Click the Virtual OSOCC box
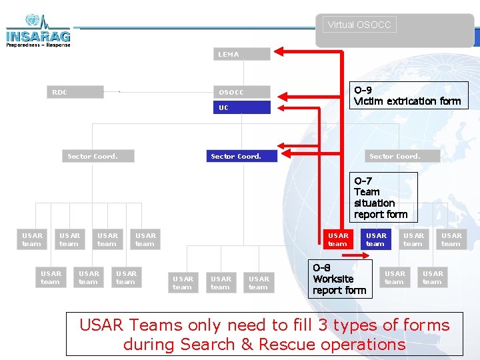tap(360, 25)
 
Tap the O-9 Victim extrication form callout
tap(407, 95)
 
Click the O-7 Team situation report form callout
tap(383, 197)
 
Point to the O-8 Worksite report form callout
tap(339, 279)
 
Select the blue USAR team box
tap(375, 239)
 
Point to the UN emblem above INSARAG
tap(31, 20)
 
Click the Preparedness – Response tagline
tap(37, 45)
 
